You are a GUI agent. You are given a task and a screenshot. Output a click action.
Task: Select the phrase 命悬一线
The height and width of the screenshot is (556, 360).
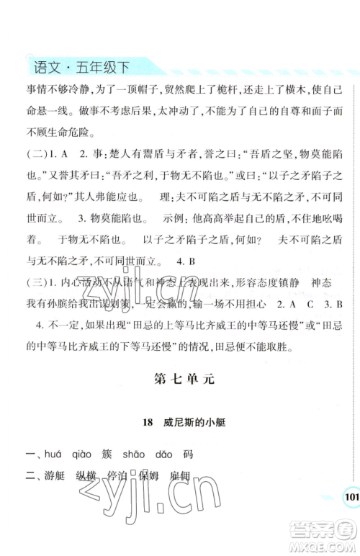(x=45, y=115)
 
